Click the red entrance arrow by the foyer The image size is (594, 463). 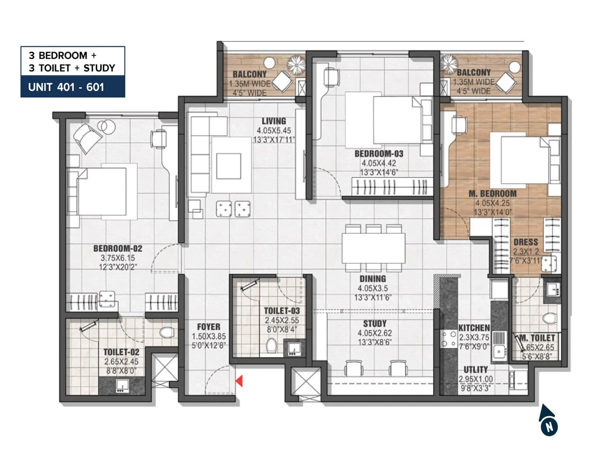[239, 381]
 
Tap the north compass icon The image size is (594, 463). [548, 421]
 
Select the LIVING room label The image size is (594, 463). [274, 121]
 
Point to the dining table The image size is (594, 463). [373, 248]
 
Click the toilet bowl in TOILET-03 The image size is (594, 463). [272, 346]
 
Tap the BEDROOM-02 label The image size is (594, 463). [118, 248]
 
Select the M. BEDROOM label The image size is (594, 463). [493, 194]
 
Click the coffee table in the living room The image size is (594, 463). [229, 166]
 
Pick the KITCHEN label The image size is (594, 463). [474, 328]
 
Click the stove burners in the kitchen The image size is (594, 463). [448, 339]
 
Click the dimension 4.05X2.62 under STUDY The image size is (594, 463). [375, 333]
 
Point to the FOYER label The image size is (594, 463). [209, 327]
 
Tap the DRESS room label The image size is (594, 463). [526, 242]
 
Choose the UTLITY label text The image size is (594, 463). [476, 370]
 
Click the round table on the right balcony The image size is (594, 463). [515, 67]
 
